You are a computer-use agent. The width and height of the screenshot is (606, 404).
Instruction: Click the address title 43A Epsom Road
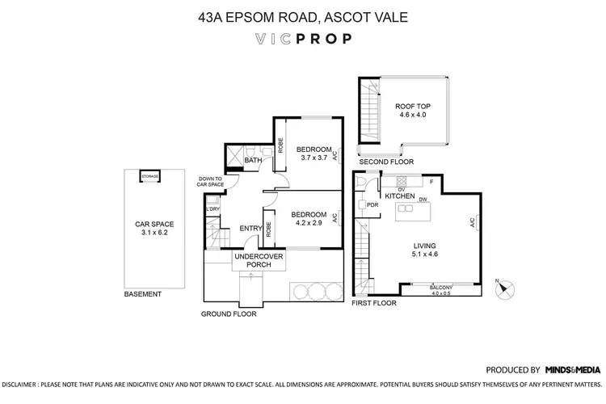[x=302, y=15]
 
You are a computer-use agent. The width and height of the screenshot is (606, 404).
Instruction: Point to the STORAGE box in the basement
[x=150, y=176]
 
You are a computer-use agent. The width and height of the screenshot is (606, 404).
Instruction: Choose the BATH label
[x=253, y=161]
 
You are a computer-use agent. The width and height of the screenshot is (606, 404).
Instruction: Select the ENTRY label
[x=250, y=229]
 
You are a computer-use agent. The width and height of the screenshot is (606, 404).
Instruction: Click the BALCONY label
[x=440, y=287]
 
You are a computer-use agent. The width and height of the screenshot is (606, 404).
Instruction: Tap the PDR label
[x=372, y=205]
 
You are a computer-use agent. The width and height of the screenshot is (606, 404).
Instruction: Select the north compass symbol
[x=505, y=287]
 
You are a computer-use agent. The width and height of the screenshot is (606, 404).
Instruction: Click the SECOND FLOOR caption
[x=387, y=162]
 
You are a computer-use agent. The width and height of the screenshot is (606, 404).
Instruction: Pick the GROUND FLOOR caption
[x=229, y=314]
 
